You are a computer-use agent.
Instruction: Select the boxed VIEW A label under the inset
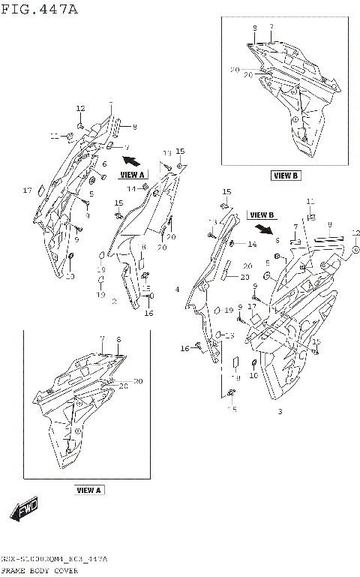pyautogui.click(x=88, y=490)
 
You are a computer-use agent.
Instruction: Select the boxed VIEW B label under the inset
pyautogui.click(x=285, y=176)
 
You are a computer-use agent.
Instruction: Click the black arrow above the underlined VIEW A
pyautogui.click(x=132, y=160)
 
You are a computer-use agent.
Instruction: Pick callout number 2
pyautogui.click(x=113, y=302)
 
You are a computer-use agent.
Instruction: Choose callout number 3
pyautogui.click(x=280, y=412)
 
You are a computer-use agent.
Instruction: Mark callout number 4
pyautogui.click(x=177, y=289)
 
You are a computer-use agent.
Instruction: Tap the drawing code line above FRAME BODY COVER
pyautogui.click(x=53, y=560)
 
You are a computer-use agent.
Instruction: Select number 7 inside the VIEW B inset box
pyautogui.click(x=271, y=27)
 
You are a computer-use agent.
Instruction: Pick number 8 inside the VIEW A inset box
pyautogui.click(x=118, y=339)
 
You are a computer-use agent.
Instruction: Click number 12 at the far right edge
pyautogui.click(x=355, y=233)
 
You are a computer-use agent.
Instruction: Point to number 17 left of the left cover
pyautogui.click(x=27, y=190)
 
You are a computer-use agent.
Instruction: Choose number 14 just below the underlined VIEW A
pyautogui.click(x=130, y=188)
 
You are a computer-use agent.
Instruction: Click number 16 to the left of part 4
pyautogui.click(x=184, y=348)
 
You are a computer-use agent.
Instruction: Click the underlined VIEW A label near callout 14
pyautogui.click(x=132, y=175)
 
